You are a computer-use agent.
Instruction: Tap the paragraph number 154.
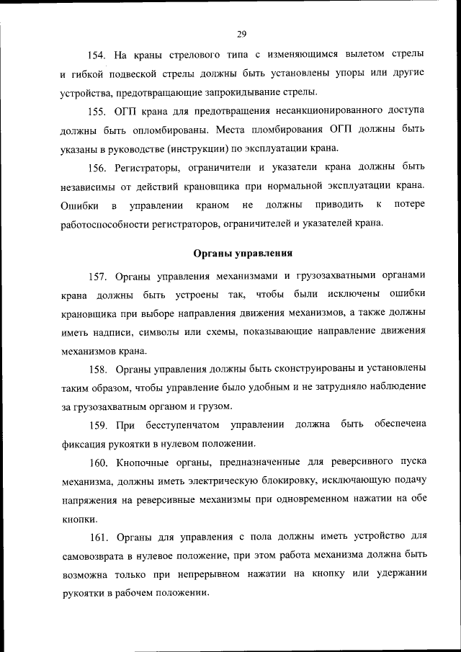[x=97, y=55]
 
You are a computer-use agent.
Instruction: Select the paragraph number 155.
[x=97, y=111]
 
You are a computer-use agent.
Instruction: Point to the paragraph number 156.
[x=97, y=167]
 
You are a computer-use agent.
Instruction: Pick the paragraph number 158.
[x=97, y=369]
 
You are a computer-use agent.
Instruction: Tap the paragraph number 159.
[x=97, y=424]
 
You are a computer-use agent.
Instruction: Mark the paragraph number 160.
[x=97, y=461]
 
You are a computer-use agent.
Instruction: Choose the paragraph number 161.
[x=97, y=536]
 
